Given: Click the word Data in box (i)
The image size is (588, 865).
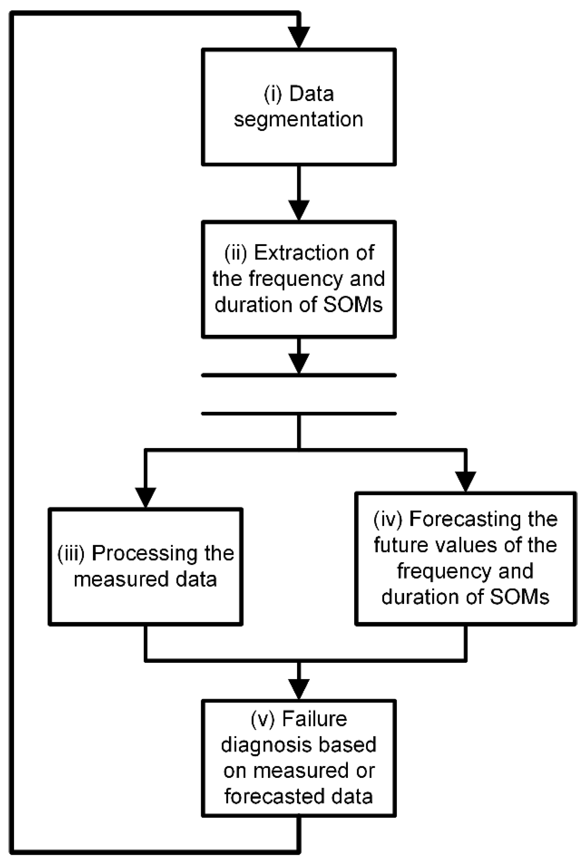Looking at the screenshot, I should click(311, 94).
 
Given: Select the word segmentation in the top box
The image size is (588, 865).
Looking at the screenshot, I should click(298, 120).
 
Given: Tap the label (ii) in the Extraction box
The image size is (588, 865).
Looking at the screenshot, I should click(236, 253).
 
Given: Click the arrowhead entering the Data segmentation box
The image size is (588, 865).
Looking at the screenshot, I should click(299, 37).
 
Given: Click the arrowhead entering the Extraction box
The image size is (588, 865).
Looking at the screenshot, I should click(299, 210).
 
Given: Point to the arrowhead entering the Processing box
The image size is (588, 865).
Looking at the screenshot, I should click(146, 497).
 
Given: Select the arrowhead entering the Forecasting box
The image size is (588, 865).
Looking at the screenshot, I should click(466, 481).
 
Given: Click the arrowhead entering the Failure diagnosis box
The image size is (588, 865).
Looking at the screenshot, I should click(299, 689).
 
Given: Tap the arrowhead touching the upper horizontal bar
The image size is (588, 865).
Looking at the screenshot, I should click(299, 363).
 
